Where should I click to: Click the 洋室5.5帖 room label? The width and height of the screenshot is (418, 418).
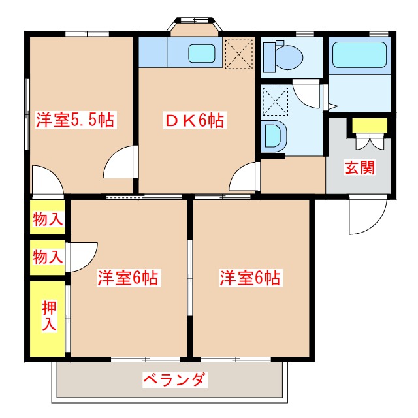pos(75,120)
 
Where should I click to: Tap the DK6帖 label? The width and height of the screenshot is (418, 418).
pos(193,120)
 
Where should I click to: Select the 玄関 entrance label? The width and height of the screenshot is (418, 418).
pos(359,167)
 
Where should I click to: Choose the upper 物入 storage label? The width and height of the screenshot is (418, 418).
pos(48,219)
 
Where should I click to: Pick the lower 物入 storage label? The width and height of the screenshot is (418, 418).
pos(48,257)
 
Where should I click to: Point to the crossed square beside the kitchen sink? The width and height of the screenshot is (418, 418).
pos(238,53)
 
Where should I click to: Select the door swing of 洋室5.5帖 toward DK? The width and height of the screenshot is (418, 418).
pos(123,163)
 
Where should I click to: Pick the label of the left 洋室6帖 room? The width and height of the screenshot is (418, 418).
pos(128,278)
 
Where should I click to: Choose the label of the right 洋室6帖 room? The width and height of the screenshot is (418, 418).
pos(249,278)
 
